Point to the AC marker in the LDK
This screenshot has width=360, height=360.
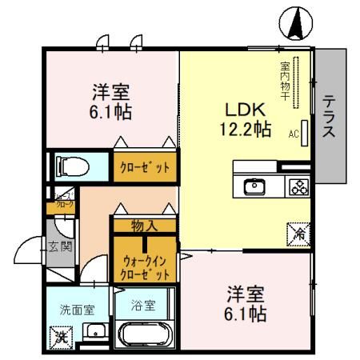tap(294, 134)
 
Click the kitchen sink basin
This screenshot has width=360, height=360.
tap(254, 187)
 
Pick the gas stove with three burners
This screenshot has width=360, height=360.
tap(298, 187)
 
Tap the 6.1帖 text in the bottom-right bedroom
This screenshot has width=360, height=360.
tap(246, 314)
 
